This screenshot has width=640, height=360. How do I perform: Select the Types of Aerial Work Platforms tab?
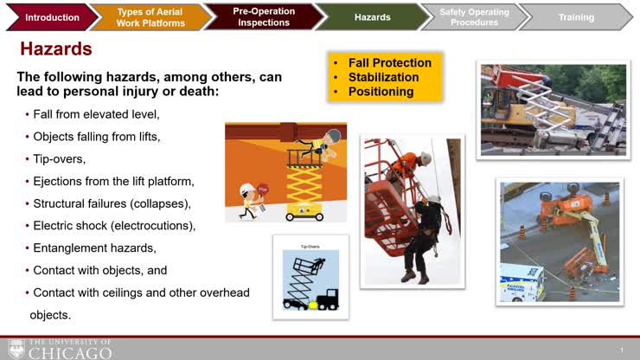150,16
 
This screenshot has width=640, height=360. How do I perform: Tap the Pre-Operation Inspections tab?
264,16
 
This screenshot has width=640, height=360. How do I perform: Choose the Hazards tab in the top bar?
372,16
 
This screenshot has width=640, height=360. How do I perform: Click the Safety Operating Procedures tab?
474,16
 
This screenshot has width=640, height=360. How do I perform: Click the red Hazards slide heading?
58,48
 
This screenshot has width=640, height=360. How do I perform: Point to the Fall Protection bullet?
389,62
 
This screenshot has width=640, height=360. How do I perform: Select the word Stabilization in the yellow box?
383,77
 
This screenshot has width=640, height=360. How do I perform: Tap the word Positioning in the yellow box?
381,92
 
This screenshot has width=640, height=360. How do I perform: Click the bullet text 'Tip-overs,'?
60,158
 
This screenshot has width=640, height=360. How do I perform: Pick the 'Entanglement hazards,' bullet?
94,248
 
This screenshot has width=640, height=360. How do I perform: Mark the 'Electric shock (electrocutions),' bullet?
114,226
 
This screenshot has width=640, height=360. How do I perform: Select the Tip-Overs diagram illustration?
310,277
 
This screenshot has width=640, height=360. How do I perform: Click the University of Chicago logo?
59,349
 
